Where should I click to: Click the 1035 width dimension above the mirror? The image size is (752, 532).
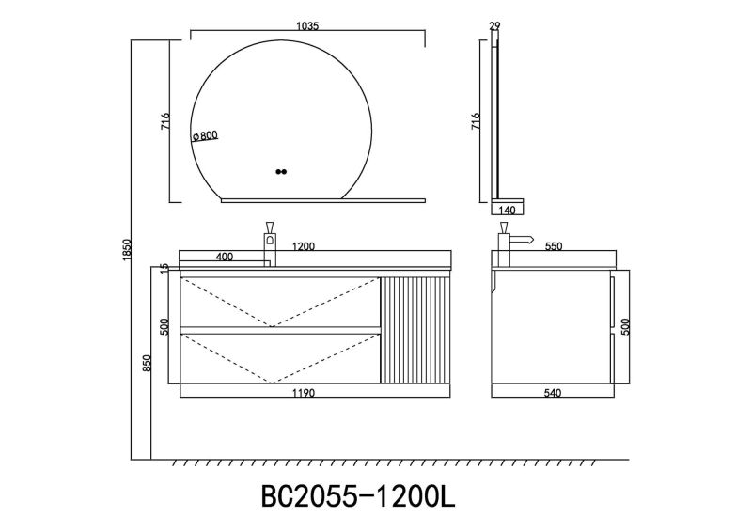point(306,27)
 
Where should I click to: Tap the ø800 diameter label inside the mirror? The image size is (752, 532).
point(205,136)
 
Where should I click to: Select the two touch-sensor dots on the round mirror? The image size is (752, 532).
point(281,172)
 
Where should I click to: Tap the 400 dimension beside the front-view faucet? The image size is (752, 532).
point(224,257)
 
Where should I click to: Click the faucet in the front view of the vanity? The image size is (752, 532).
point(269,243)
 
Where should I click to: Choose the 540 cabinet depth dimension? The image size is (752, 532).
point(553,393)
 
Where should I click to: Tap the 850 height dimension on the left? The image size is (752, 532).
point(146,364)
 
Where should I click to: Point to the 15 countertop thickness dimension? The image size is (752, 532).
point(165,269)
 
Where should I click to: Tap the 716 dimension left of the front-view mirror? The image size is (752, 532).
point(164,121)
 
